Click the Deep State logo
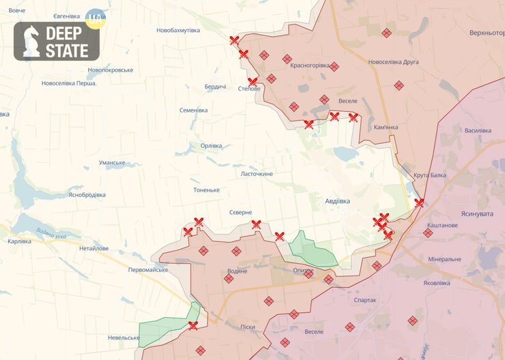57,41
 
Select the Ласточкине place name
257,174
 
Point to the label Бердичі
216,87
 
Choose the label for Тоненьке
206,190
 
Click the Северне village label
240,212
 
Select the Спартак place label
365,300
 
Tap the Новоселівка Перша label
68,83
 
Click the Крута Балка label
430,175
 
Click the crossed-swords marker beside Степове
252,81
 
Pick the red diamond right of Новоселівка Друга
399,85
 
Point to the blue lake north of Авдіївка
346,154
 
